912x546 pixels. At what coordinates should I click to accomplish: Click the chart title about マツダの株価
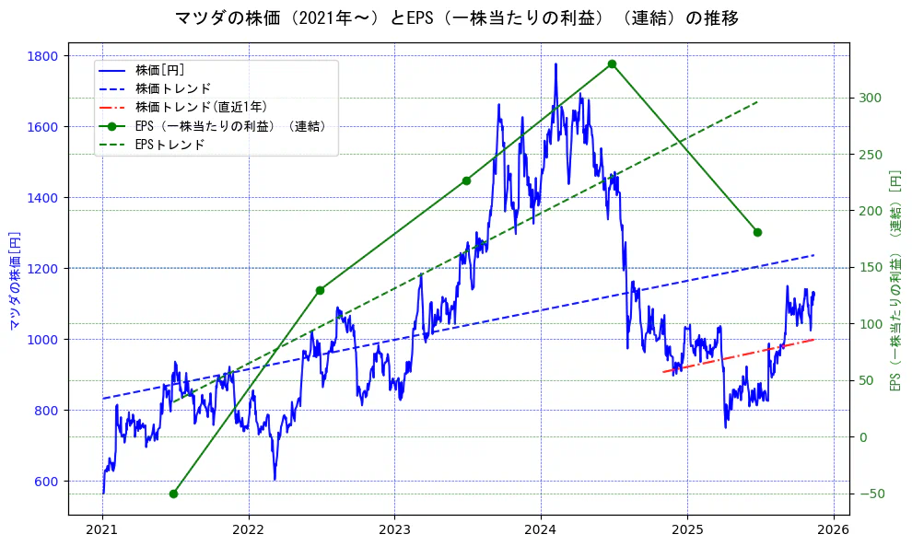click(456, 17)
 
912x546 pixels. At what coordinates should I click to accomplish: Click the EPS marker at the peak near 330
click(612, 64)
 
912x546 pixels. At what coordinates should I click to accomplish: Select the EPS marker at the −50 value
click(173, 494)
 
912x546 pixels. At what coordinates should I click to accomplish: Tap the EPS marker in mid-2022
click(320, 290)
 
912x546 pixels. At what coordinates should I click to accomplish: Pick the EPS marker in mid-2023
click(466, 180)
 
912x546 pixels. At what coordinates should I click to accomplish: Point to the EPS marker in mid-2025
click(757, 232)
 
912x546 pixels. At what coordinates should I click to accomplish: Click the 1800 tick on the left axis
click(44, 56)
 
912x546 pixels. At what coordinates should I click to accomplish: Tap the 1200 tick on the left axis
click(44, 268)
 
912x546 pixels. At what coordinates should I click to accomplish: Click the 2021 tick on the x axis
click(102, 529)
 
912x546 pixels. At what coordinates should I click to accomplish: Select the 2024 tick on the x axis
click(541, 529)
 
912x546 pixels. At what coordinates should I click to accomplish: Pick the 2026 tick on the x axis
click(833, 529)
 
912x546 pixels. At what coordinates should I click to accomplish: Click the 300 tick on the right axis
click(871, 98)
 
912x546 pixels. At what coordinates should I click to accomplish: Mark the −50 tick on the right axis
click(871, 494)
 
